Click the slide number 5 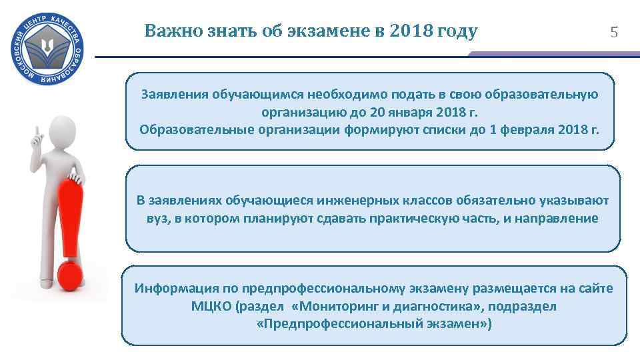(x=614, y=31)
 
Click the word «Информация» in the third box (x=175, y=289)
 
